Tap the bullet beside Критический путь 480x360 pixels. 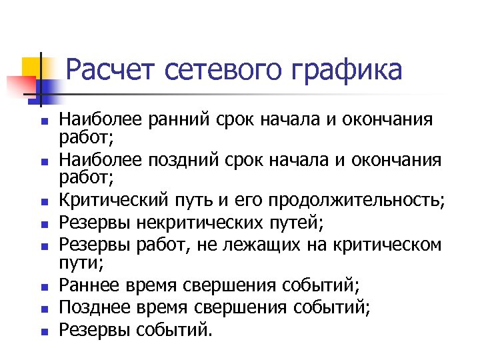pos(44,201)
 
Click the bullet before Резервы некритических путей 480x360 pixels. pos(44,222)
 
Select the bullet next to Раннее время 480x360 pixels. pos(44,287)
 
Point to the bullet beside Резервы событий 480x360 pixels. pos(44,331)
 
